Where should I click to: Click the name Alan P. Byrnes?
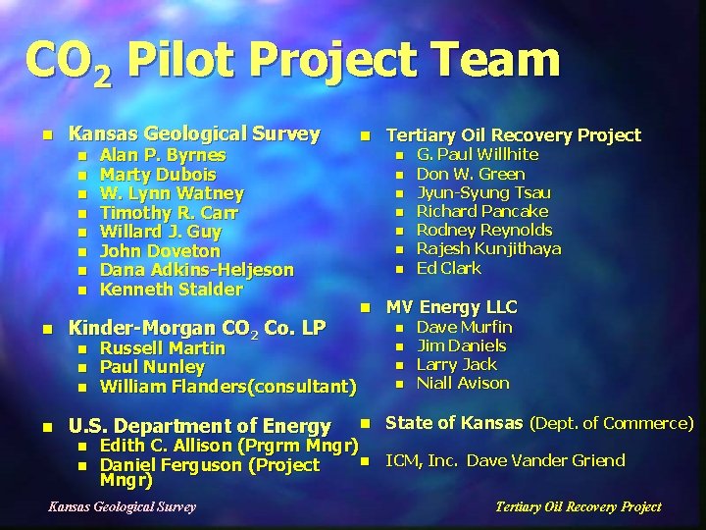(x=163, y=155)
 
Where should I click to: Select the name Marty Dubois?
(x=158, y=175)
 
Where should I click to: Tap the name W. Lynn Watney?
(x=172, y=193)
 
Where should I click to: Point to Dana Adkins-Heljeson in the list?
(x=196, y=270)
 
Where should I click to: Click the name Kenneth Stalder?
(x=171, y=290)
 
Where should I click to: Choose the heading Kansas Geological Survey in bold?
(x=193, y=133)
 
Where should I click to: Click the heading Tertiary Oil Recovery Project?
(x=513, y=135)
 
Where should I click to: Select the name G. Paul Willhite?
(x=477, y=154)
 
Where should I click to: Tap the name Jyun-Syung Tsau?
(x=483, y=192)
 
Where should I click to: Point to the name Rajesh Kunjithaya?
(x=488, y=248)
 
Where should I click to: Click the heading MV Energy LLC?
(x=451, y=307)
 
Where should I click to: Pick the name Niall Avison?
(x=463, y=383)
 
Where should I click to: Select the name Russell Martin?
(x=163, y=348)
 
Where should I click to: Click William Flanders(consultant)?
(x=227, y=386)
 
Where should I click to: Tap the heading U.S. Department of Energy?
(x=198, y=426)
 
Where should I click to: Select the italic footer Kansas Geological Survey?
(x=122, y=506)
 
